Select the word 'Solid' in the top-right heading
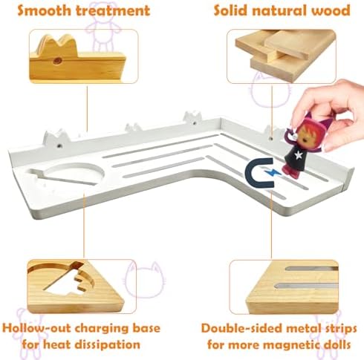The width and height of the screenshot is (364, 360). pos(230,10)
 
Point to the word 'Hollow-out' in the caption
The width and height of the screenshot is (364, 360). pos(36,328)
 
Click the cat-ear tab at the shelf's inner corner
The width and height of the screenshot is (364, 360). pos(192,117)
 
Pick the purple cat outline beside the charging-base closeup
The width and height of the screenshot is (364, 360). pos(143,280)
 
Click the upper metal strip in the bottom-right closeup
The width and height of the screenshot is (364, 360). pos(311,269)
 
